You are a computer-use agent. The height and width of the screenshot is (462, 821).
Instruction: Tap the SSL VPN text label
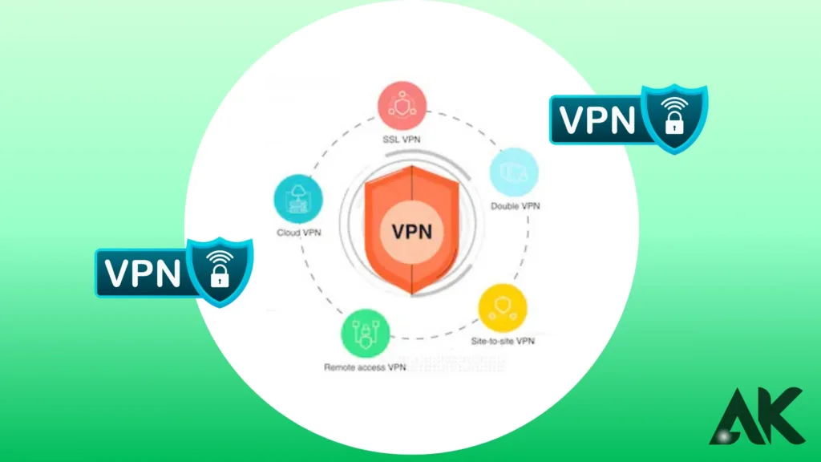click(402, 140)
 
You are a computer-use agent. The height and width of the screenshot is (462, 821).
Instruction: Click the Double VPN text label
click(515, 206)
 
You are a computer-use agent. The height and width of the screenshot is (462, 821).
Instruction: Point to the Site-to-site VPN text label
click(503, 341)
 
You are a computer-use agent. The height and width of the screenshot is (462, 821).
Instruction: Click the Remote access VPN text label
click(365, 368)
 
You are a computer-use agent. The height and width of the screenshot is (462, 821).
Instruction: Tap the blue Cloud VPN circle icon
click(299, 200)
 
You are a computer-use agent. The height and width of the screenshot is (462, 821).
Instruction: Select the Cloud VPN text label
click(300, 233)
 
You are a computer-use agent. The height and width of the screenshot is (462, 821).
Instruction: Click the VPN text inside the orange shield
click(411, 232)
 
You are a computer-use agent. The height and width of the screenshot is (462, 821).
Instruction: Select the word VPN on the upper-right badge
click(597, 120)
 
